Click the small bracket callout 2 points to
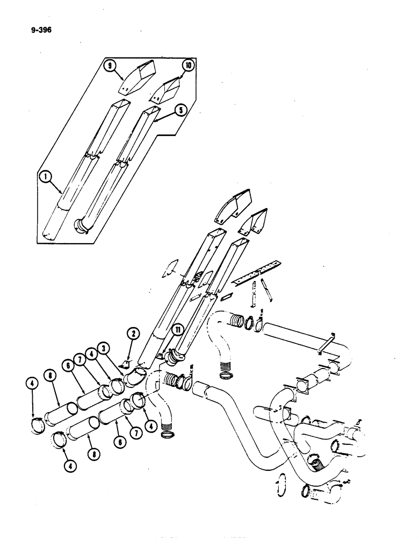[x=126, y=365]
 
